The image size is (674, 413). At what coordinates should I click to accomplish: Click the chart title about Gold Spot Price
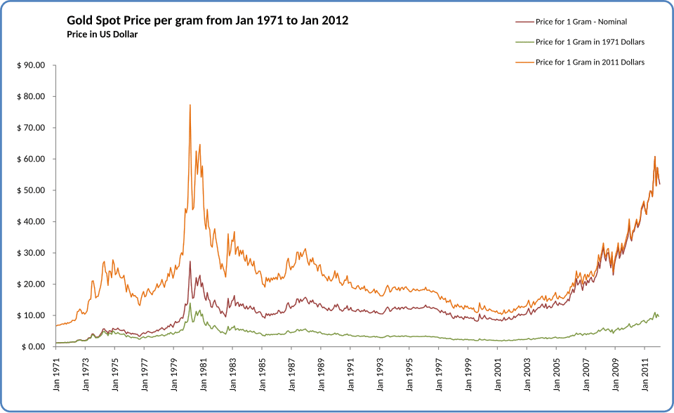tap(207, 21)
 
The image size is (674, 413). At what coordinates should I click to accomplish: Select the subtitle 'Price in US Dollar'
tap(102, 34)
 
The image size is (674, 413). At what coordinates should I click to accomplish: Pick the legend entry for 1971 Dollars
tap(590, 42)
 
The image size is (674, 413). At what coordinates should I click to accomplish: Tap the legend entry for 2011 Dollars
tap(590, 63)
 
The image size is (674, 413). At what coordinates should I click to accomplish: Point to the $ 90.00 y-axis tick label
tap(31, 65)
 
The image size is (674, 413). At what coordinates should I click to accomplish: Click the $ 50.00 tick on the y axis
tap(31, 190)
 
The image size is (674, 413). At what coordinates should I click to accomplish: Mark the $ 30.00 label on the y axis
tap(31, 253)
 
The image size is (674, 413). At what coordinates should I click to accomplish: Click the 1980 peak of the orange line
tap(190, 105)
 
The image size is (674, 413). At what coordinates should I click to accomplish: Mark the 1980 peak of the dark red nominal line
tap(190, 261)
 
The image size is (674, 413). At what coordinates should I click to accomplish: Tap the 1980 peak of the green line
tap(190, 303)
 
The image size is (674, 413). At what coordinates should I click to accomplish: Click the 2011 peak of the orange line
tap(655, 157)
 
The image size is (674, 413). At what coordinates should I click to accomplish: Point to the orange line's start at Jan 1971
tap(55, 326)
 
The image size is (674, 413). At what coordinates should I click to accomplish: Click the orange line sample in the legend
tap(523, 63)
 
